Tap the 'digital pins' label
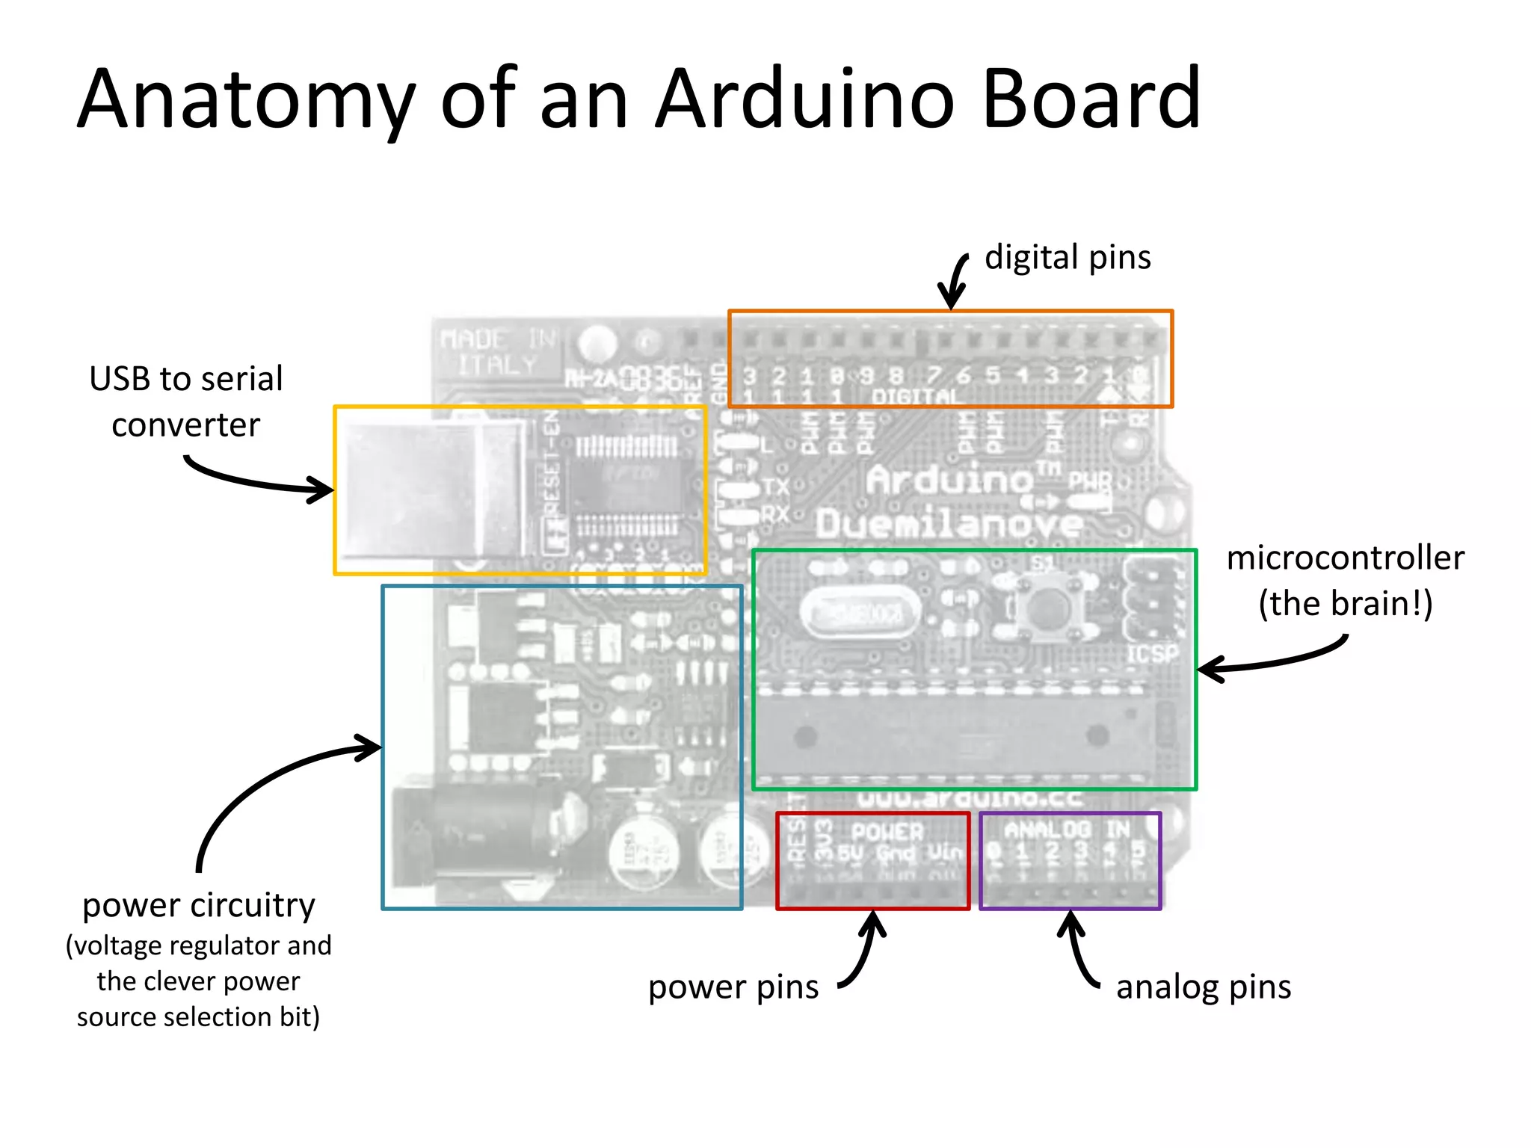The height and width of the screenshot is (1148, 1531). tap(1067, 258)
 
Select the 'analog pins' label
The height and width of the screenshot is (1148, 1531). tap(1203, 987)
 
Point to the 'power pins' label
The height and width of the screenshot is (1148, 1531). tap(733, 987)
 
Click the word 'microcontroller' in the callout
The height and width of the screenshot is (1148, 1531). tap(1345, 558)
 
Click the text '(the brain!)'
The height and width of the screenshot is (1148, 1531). tap(1345, 604)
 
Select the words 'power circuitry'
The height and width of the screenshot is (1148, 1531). tap(198, 906)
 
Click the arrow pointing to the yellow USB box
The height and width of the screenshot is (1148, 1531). tap(262, 482)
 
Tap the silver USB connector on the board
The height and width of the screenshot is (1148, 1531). tap(434, 490)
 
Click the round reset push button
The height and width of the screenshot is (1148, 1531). tap(1046, 606)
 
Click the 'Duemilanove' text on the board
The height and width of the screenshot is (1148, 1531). tap(948, 523)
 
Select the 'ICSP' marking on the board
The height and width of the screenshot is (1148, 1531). tap(1151, 655)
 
